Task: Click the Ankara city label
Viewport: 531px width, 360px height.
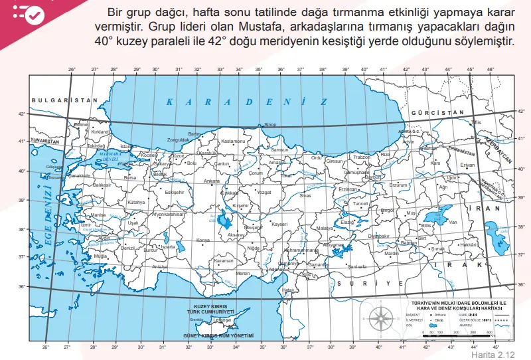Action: point(212,181)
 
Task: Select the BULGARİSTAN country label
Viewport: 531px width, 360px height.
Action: point(59,100)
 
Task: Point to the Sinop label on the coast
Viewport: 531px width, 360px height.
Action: point(270,124)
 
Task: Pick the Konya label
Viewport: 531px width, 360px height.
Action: point(203,240)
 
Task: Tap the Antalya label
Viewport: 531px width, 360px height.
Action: point(161,266)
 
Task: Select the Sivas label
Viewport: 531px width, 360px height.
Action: point(305,196)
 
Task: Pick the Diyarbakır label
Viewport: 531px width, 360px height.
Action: point(378,236)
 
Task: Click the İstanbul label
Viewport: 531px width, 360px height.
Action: point(128,147)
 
